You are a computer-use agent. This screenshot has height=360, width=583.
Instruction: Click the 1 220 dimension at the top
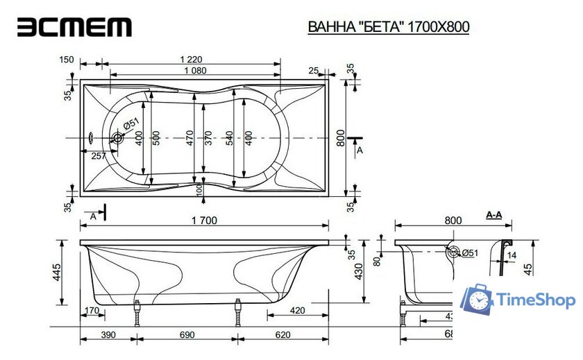coord(195,60)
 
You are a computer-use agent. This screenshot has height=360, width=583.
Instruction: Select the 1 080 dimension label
coord(195,71)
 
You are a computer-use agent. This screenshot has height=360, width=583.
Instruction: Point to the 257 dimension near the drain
coord(99,156)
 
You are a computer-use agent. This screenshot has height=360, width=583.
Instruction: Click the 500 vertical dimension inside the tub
coord(156,138)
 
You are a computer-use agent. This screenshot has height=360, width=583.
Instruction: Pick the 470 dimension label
coord(189,138)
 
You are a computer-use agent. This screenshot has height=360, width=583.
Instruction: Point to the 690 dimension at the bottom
coord(187,334)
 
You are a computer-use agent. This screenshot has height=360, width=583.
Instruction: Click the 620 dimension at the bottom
coord(282,334)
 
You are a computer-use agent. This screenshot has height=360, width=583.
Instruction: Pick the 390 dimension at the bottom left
coord(108,334)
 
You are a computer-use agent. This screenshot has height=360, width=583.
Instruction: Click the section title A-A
coord(494,216)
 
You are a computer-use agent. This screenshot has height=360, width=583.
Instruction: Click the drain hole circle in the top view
coord(117,139)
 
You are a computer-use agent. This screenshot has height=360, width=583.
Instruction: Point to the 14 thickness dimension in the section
coord(512,255)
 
